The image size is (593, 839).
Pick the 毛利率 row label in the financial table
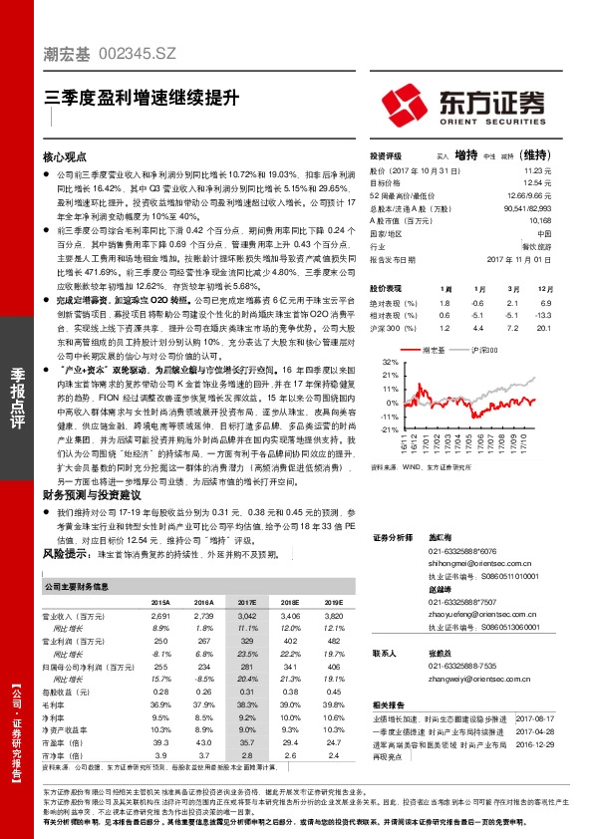point(58,703)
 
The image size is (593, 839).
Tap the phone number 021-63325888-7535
point(464,665)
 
